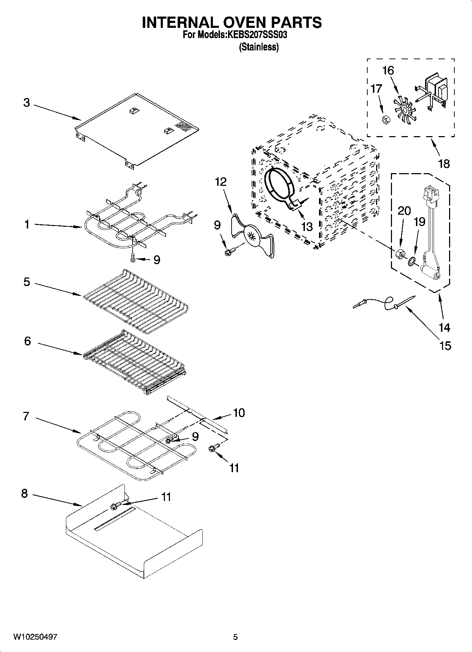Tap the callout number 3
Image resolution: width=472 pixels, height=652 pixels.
coord(26,103)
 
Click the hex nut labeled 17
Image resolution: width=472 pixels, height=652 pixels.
coord(386,120)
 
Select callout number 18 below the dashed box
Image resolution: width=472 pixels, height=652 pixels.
coord(444,164)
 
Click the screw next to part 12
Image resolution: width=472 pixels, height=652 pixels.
coord(229,251)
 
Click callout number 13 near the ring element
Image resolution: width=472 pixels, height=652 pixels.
coord(307,226)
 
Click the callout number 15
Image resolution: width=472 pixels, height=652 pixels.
coord(446,346)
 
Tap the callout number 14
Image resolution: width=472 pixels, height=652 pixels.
coord(444,328)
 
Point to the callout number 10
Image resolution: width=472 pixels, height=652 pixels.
coord(239,413)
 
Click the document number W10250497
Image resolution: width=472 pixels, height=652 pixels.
coord(35,637)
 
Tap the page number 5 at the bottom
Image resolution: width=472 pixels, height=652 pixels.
coord(235,637)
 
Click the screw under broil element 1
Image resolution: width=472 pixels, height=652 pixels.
coord(133,258)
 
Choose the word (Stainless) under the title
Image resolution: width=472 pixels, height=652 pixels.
coord(259,47)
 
